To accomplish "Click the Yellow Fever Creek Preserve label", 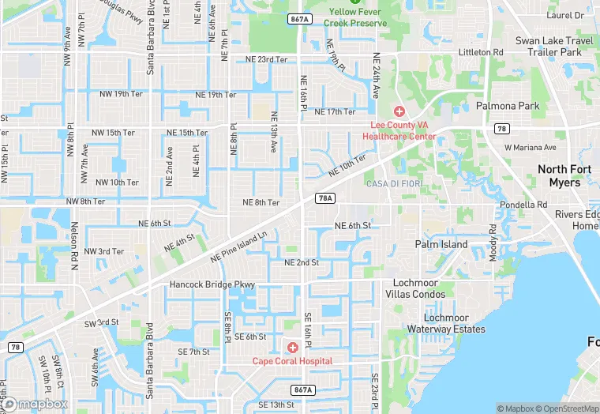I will [355, 17].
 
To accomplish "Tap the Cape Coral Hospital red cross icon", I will [293, 348].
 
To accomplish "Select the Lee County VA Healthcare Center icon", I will [399, 111].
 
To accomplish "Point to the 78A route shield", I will [325, 198].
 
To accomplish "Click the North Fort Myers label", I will [570, 175].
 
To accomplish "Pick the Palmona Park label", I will [507, 105].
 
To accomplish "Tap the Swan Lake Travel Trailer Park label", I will [554, 46].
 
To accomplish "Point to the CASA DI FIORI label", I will [394, 184].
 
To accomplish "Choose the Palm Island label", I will [441, 244].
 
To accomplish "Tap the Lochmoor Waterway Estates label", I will [446, 323].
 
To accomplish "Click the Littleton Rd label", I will [482, 52].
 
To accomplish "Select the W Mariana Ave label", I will [531, 148].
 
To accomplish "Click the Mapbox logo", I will [35, 404].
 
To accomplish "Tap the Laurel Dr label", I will [565, 15].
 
